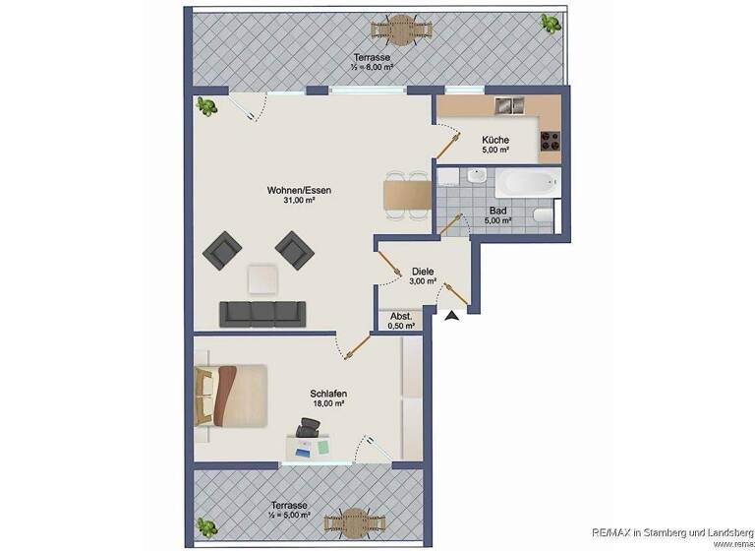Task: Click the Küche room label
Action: tap(495, 140)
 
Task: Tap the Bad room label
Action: tap(498, 211)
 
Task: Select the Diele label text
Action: tap(423, 271)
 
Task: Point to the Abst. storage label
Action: tap(401, 317)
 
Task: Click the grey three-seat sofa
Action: tap(260, 313)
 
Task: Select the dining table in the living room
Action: tap(407, 195)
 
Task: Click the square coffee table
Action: tap(262, 279)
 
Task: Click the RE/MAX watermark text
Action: tap(671, 529)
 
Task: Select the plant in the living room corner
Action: tap(206, 104)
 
